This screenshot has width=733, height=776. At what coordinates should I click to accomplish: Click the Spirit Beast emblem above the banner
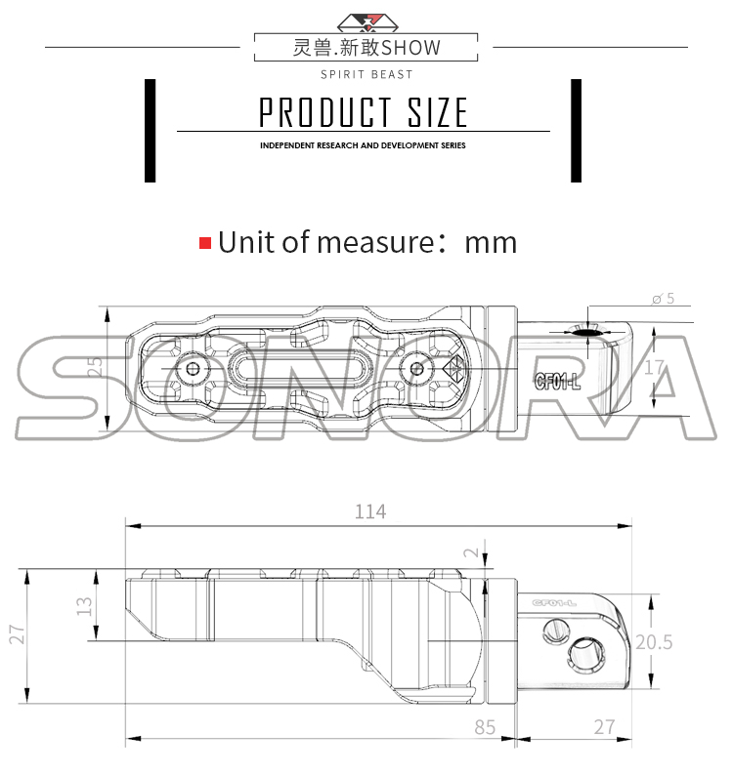click(366, 21)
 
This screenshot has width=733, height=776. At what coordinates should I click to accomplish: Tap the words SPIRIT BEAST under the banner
click(366, 74)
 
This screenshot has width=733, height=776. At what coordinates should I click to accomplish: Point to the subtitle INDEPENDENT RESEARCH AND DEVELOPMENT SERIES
click(363, 145)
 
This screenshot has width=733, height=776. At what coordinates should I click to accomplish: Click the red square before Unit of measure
click(205, 242)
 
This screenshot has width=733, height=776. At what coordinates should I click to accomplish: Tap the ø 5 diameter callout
click(663, 299)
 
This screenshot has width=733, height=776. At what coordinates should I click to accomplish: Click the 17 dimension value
click(655, 368)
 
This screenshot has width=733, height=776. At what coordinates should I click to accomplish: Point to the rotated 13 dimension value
click(85, 606)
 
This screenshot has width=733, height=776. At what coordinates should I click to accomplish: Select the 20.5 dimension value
click(653, 642)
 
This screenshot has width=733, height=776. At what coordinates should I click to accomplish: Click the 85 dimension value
click(486, 726)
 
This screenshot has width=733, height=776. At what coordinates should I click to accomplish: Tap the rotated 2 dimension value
click(472, 553)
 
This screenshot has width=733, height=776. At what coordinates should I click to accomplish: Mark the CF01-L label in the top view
click(557, 382)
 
